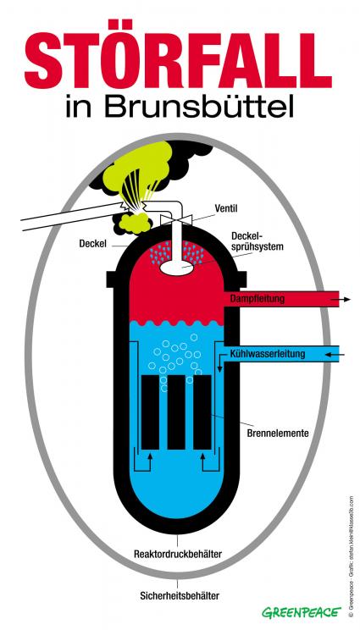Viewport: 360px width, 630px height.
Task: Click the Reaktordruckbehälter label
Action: point(178,554)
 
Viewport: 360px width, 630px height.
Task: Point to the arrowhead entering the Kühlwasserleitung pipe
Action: point(334,352)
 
